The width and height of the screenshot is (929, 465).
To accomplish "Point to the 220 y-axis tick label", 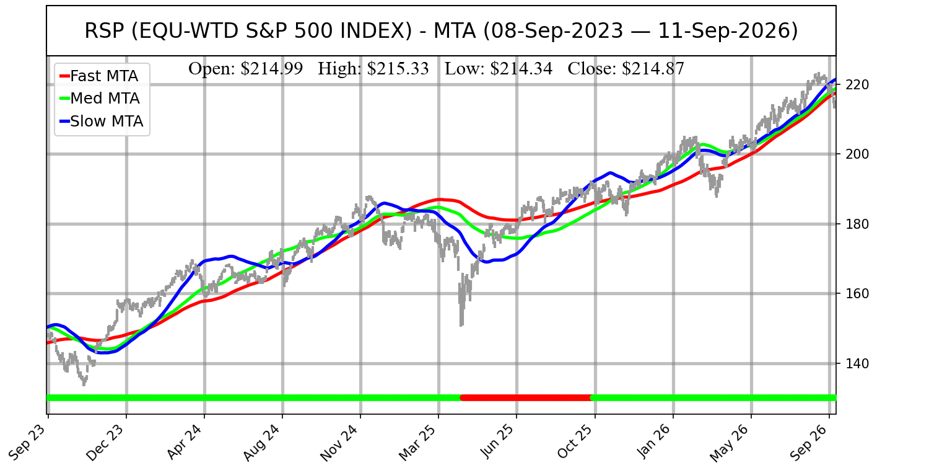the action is click(857, 85).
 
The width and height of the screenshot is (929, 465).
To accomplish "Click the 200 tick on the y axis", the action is click(857, 154).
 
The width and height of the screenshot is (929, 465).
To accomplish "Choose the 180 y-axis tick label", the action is click(857, 224).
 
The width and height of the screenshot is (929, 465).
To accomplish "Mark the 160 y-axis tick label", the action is click(857, 293).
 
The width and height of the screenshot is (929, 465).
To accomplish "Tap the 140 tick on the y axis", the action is click(857, 363).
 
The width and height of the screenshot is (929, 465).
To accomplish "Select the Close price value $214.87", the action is click(653, 68).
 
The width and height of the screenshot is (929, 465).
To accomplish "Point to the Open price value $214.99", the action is click(272, 68).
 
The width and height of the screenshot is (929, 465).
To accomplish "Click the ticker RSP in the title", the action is click(103, 31).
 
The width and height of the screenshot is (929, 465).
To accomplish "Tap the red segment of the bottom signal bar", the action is click(526, 398).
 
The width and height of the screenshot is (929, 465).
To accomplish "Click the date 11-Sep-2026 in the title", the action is click(728, 31).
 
